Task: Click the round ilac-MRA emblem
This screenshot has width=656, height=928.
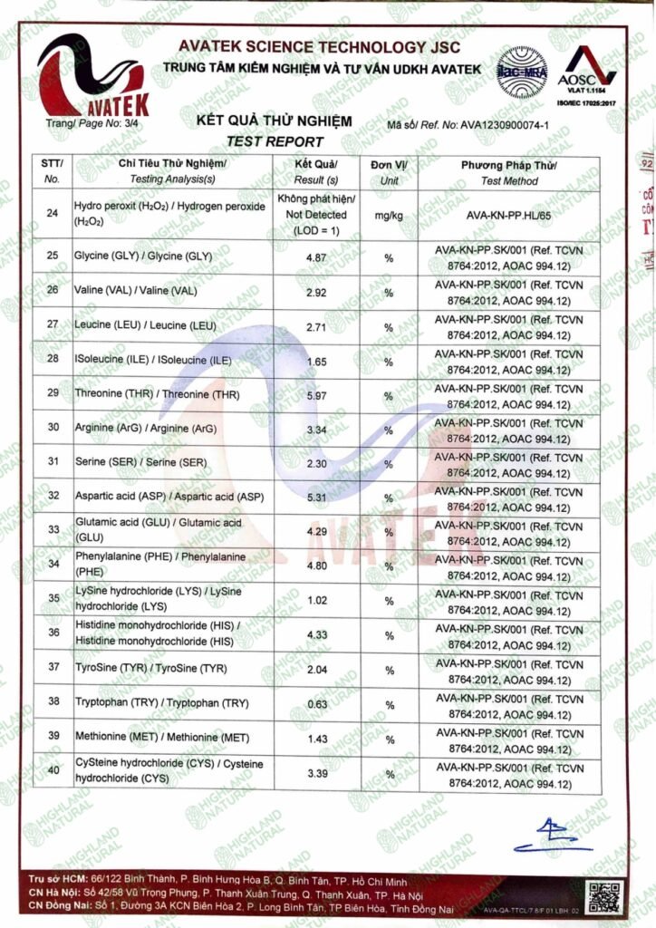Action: pos(522,70)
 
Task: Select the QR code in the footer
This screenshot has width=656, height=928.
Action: pos(604,895)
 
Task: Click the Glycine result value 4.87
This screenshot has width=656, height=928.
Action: pos(316,257)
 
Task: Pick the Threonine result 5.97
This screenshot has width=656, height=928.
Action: pos(316,395)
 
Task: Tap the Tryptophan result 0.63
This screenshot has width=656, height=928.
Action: pos(316,703)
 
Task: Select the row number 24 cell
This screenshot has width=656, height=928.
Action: pos(52,214)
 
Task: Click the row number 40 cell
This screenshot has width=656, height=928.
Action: pos(52,771)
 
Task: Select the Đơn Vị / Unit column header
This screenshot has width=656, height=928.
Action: pos(389,172)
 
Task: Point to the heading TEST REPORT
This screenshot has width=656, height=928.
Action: pos(275,141)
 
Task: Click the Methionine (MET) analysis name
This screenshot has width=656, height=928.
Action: pos(142,739)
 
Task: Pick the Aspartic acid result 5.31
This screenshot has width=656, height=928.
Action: pos(316,498)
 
